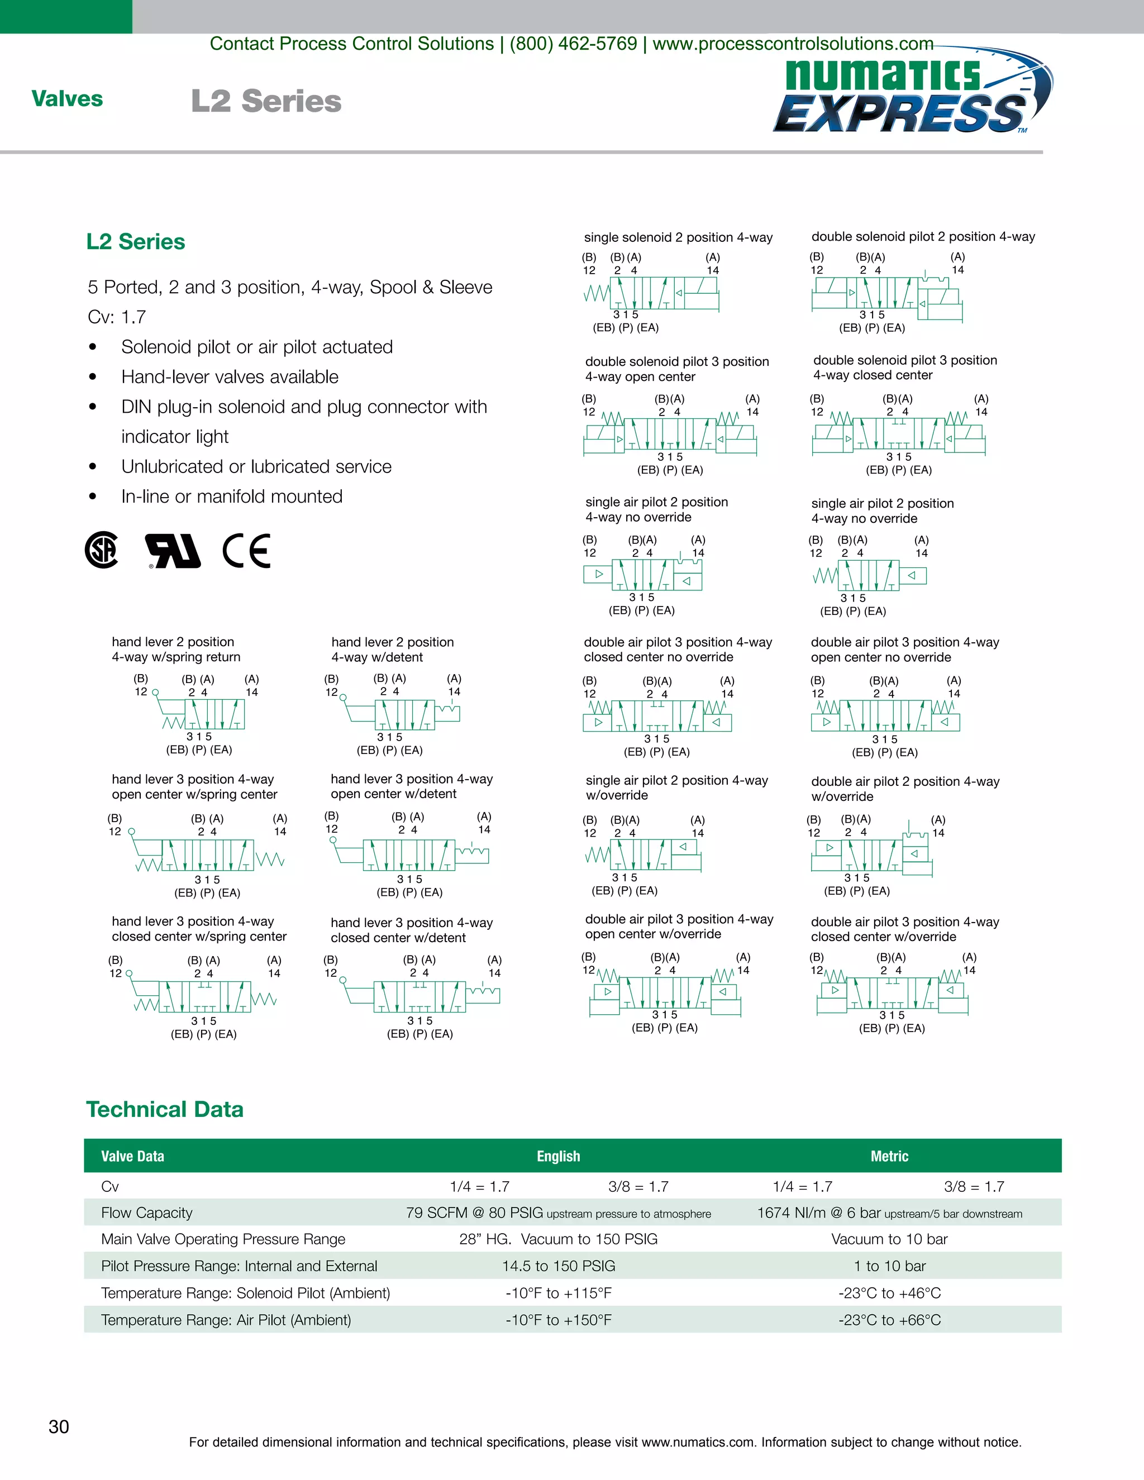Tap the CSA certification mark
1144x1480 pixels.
[x=102, y=550]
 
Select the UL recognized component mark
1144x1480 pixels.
[x=174, y=550]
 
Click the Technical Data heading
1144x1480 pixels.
[x=165, y=1109]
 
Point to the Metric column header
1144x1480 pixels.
[x=889, y=1156]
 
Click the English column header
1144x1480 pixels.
[x=559, y=1156]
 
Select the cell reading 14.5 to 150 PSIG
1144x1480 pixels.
[x=559, y=1266]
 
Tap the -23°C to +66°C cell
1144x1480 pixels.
[x=889, y=1319]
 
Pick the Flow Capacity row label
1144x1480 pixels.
[x=146, y=1212]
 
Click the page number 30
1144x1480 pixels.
[x=59, y=1426]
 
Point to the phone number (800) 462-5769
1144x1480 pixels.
[x=573, y=44]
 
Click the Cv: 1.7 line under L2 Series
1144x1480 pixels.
[x=117, y=317]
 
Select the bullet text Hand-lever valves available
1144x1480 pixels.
[x=230, y=377]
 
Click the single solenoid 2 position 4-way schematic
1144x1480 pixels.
[x=651, y=293]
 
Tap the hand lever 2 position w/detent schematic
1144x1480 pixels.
[x=400, y=714]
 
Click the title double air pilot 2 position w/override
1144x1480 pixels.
[x=905, y=789]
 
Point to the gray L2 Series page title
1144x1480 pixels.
[x=266, y=101]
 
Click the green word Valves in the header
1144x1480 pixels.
[x=67, y=99]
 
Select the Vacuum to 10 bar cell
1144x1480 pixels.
[x=889, y=1239]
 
